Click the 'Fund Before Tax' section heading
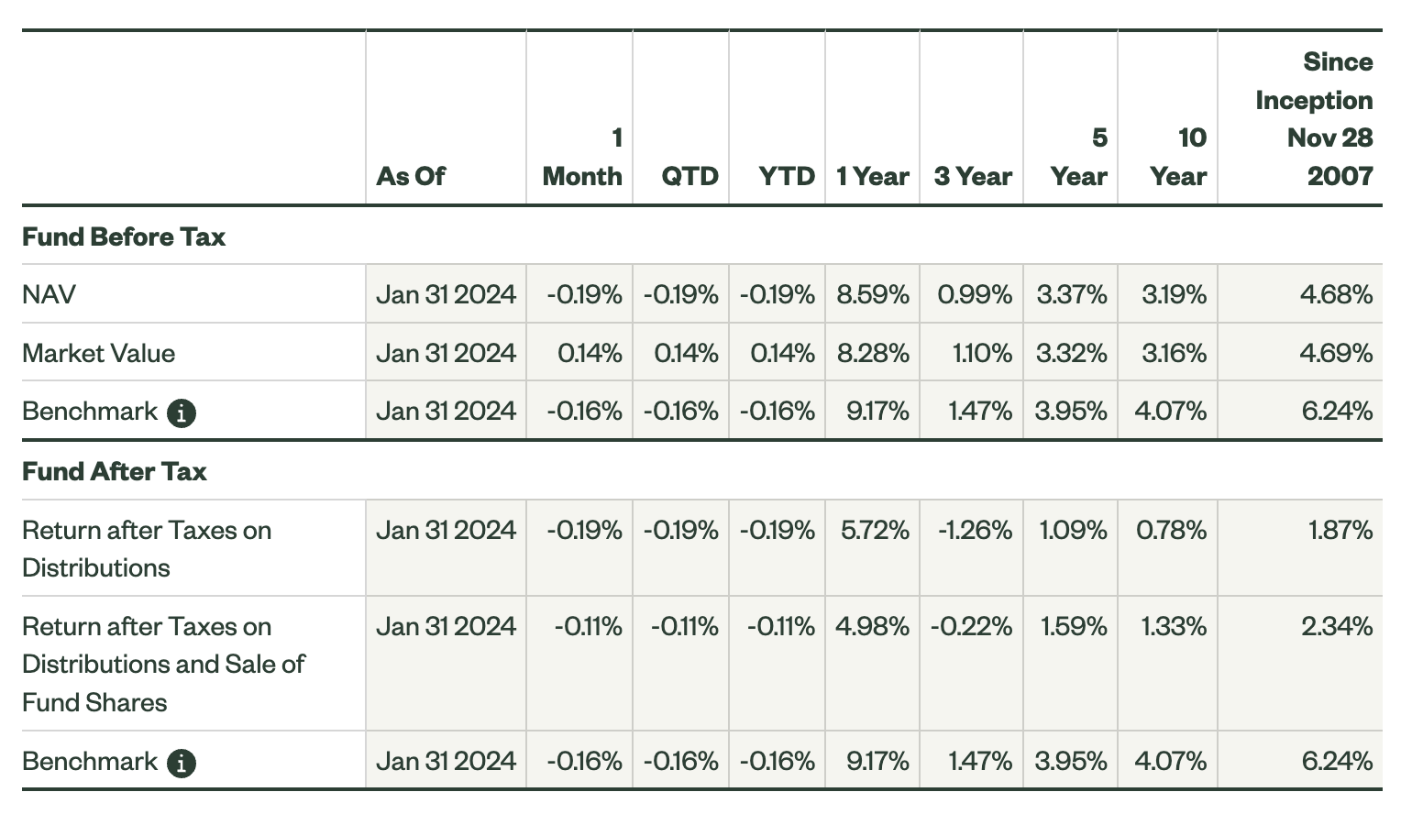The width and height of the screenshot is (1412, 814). (124, 236)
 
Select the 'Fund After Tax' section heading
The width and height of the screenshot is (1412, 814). (115, 471)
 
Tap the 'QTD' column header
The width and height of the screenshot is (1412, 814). (689, 176)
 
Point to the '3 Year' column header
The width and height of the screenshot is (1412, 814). (972, 176)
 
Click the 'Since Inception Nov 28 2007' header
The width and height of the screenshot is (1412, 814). (1313, 119)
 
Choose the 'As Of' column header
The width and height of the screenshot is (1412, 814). (410, 176)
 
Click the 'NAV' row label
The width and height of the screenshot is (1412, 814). (49, 294)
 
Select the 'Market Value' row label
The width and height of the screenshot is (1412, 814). (98, 353)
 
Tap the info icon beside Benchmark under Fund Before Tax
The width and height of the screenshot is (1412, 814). (182, 413)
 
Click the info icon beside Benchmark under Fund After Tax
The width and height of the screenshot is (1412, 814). (182, 763)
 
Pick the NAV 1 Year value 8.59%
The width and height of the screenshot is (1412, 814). (872, 294)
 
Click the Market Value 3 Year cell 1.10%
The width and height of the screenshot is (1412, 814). (982, 353)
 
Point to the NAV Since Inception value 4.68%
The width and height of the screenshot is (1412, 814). (1336, 294)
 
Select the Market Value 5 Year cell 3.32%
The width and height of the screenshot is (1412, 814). (1071, 353)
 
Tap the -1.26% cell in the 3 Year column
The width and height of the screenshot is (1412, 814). (975, 530)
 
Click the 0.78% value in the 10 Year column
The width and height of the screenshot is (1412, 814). (1171, 530)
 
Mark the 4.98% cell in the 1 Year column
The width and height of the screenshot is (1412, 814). (872, 626)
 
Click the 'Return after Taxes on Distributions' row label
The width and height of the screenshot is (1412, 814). (147, 548)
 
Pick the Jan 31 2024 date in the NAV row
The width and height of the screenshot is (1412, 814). (446, 294)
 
